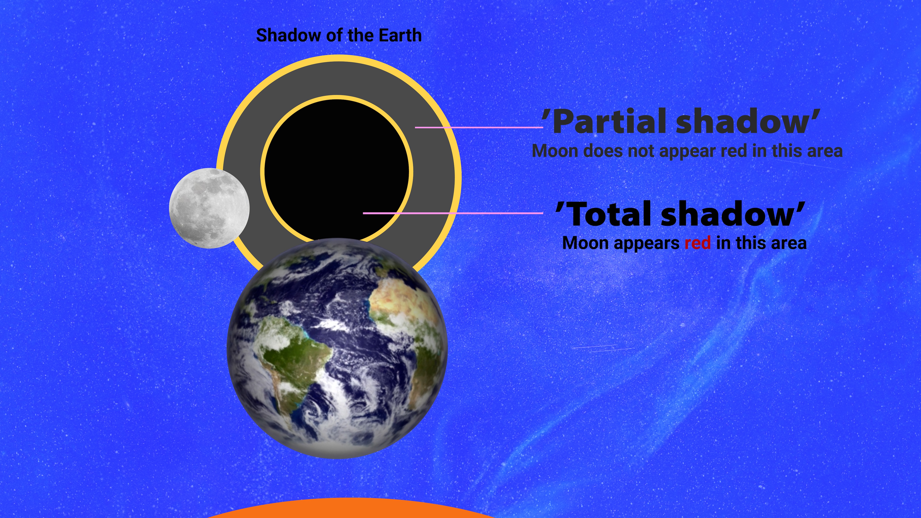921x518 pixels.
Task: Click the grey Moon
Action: [x=209, y=208]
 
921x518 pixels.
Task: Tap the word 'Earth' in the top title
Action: [x=400, y=35]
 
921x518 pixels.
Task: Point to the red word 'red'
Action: [x=698, y=243]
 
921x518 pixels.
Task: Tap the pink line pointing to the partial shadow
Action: [x=479, y=127]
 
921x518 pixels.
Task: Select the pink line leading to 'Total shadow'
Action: [x=453, y=213]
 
